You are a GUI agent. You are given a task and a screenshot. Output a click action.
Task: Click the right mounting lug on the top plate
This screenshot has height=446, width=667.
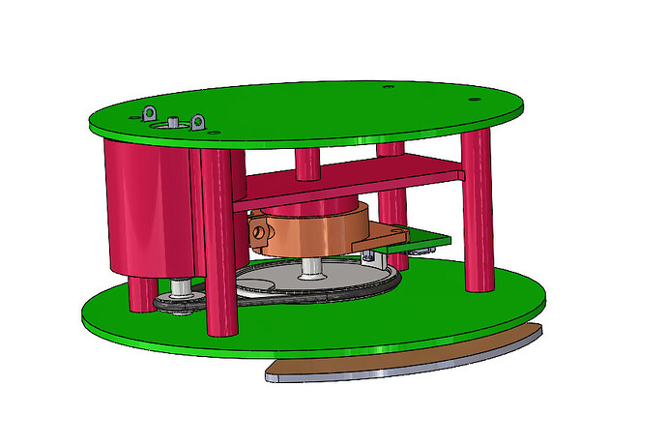198,123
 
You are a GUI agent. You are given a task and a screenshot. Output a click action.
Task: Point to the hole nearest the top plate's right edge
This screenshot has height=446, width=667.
472,100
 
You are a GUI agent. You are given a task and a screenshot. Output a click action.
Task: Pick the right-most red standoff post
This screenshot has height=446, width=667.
478,213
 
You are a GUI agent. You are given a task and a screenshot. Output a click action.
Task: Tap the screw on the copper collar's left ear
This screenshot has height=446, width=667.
260,232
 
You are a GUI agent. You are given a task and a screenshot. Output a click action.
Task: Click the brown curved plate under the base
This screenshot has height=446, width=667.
406,358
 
